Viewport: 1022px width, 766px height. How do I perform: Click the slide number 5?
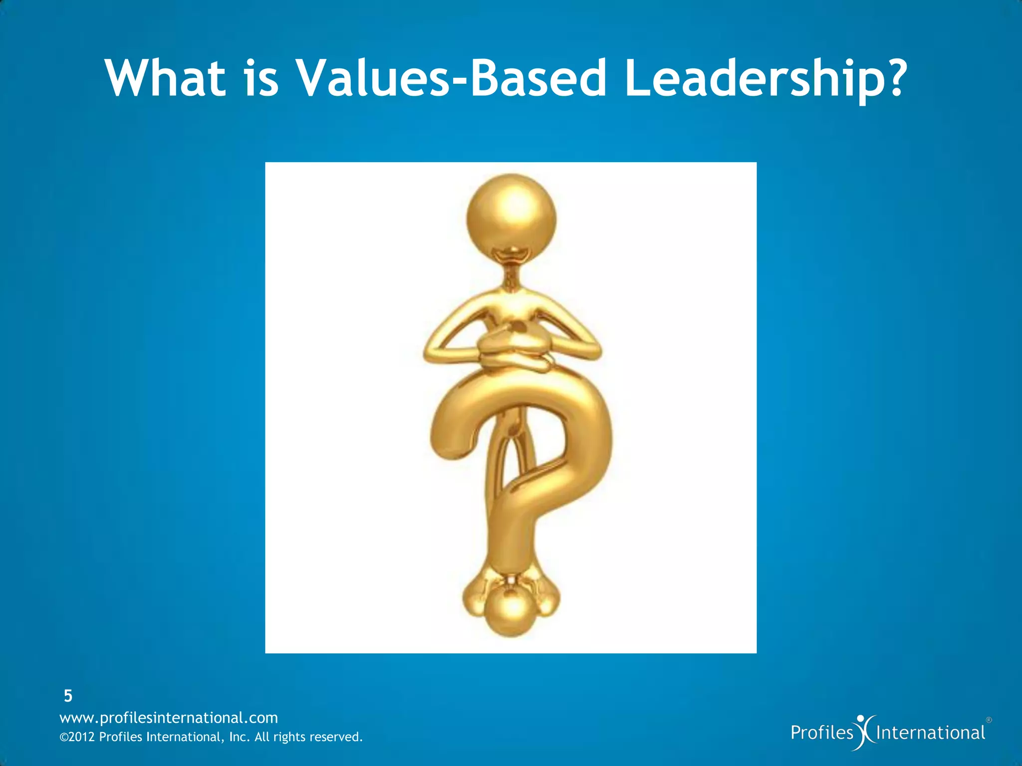click(68, 695)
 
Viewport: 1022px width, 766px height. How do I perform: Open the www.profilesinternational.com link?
click(169, 718)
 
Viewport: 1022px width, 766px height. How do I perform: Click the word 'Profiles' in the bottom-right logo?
click(822, 733)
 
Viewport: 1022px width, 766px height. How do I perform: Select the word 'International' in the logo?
click(931, 733)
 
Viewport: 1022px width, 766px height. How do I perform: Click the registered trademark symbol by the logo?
click(989, 720)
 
